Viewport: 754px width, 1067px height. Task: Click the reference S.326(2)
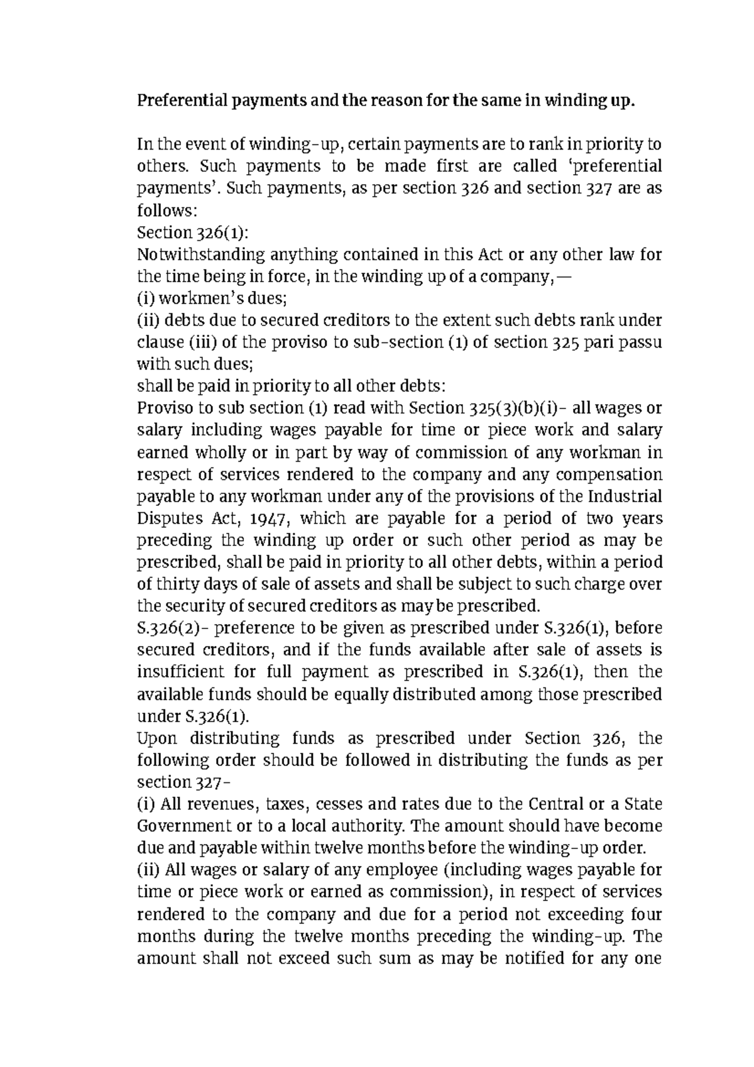pyautogui.click(x=167, y=628)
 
